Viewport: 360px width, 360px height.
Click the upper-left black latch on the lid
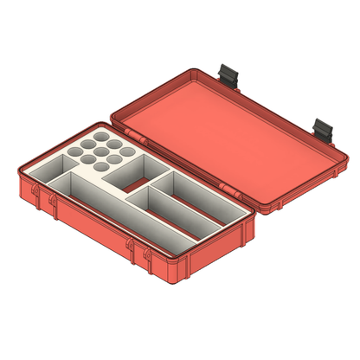click(229, 74)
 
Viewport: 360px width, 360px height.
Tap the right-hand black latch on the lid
click(324, 129)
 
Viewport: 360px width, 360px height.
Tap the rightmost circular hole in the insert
click(128, 151)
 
